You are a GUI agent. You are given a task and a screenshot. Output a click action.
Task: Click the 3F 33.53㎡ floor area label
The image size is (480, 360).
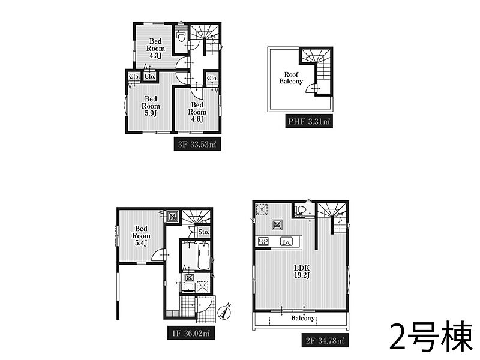[197, 144]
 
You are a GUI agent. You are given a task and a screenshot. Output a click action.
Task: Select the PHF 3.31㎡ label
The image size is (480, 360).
[309, 122]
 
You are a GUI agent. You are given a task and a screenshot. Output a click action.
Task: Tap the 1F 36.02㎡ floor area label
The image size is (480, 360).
[191, 333]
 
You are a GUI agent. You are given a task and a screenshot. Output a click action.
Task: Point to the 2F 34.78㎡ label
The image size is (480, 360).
[325, 340]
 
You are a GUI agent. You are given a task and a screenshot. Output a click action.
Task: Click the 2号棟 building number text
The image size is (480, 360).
[431, 336]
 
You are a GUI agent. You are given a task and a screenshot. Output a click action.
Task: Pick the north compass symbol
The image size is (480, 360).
[224, 312]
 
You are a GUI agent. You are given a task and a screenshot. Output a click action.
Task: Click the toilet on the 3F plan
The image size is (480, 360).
[181, 38]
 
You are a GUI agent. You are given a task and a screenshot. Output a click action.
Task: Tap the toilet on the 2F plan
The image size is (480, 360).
[301, 210]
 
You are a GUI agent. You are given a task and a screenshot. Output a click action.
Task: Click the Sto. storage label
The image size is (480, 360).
[203, 232]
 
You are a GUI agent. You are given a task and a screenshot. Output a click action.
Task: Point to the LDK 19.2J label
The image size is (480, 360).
[302, 272]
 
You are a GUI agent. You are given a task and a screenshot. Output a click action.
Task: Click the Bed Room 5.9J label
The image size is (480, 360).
[151, 106]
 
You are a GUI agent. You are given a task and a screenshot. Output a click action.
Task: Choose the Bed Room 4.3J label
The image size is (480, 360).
[155, 49]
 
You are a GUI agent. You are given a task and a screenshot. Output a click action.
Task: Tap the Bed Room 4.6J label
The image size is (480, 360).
[197, 112]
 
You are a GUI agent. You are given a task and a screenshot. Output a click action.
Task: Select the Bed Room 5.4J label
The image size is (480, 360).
[141, 236]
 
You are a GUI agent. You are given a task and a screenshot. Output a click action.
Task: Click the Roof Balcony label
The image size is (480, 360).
[291, 78]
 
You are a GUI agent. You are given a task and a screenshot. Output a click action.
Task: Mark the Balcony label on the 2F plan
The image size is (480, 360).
[302, 319]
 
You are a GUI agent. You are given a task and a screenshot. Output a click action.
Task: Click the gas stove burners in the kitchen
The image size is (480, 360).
[263, 241]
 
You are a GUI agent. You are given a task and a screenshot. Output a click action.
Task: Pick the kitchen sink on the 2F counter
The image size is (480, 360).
[287, 241]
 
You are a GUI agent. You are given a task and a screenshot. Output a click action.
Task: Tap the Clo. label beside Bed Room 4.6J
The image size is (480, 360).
[212, 79]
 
